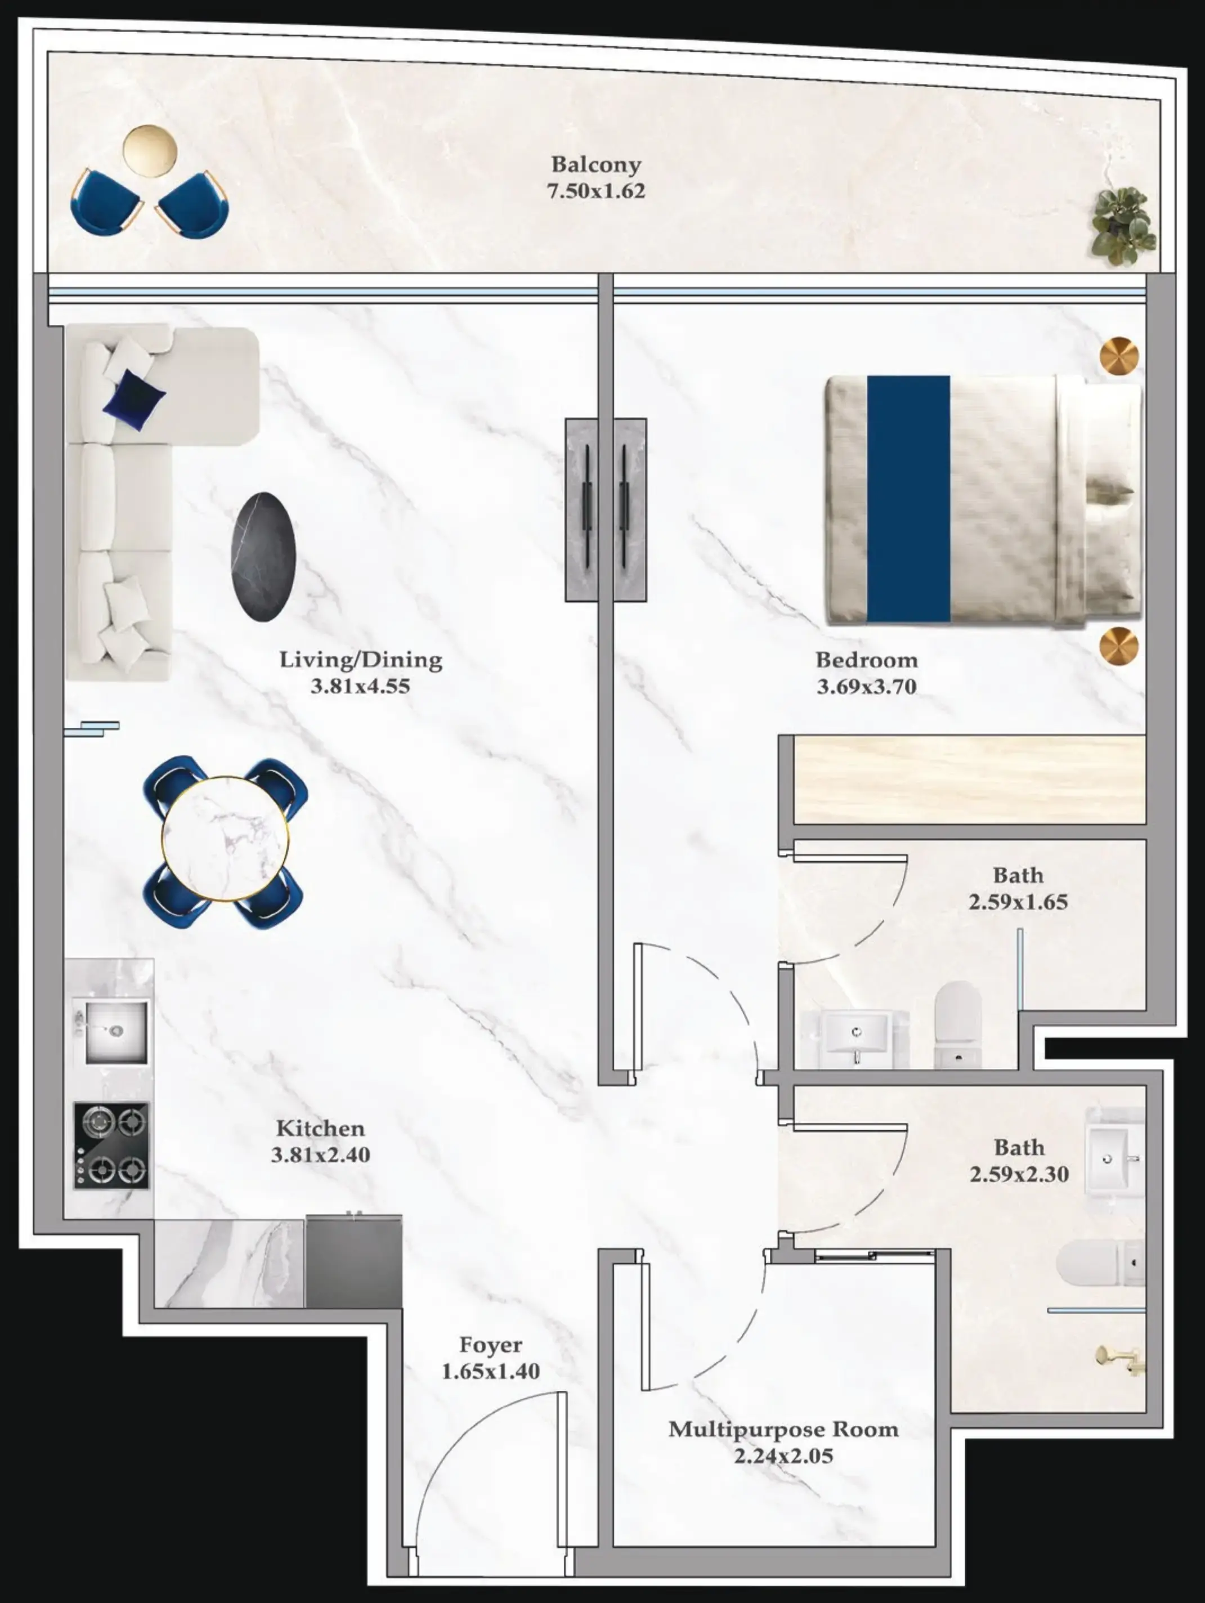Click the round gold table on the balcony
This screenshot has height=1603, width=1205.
[x=150, y=151]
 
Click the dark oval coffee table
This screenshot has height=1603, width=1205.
[x=263, y=557]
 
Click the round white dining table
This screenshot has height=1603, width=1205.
[x=225, y=839]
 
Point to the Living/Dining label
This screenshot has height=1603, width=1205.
[x=361, y=660]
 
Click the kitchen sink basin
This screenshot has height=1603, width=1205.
[x=116, y=1031]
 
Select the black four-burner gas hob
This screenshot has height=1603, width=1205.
[x=111, y=1145]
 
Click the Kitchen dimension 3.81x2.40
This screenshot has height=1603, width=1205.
[x=320, y=1154]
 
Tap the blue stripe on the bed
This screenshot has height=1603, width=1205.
[x=908, y=499]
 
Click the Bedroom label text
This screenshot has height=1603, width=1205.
[x=867, y=660]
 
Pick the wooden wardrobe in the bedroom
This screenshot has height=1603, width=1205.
[x=970, y=779]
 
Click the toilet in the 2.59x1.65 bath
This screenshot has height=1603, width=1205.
[x=957, y=1023]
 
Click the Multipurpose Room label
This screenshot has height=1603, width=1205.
[x=783, y=1429]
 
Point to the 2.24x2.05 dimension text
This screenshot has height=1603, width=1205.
[x=783, y=1456]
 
